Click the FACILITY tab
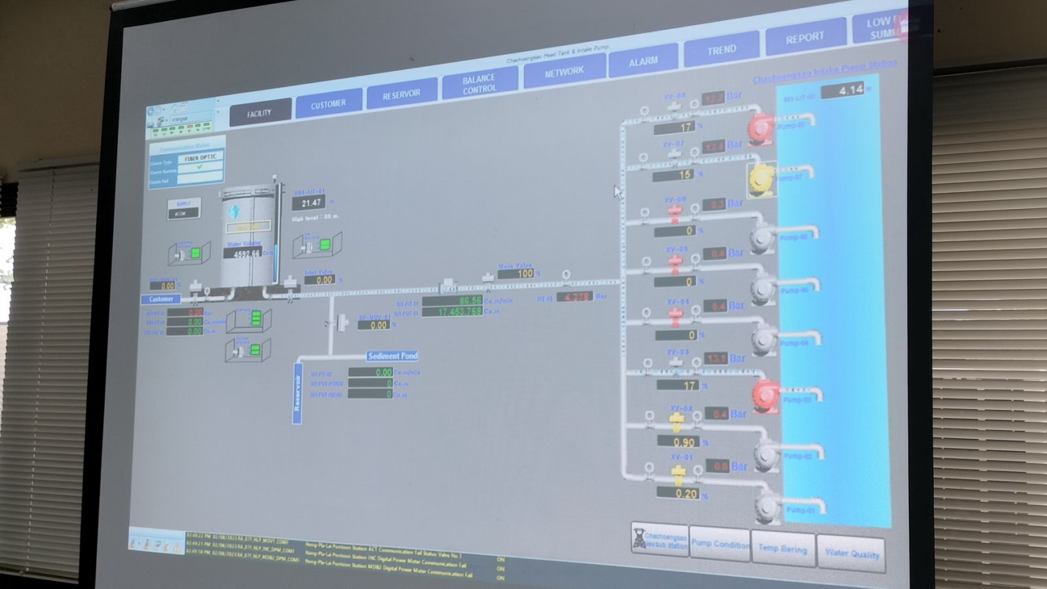[x=260, y=113]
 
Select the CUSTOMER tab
[x=328, y=104]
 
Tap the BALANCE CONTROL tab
[x=479, y=84]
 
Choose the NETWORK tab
[x=564, y=72]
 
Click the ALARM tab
[x=643, y=62]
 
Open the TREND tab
[x=721, y=50]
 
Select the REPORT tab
[x=804, y=38]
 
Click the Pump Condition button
[x=720, y=544]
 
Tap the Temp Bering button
[x=783, y=548]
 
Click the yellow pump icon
[x=762, y=178]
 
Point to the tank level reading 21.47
[x=311, y=203]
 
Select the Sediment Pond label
[x=392, y=356]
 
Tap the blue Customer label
[x=161, y=299]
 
